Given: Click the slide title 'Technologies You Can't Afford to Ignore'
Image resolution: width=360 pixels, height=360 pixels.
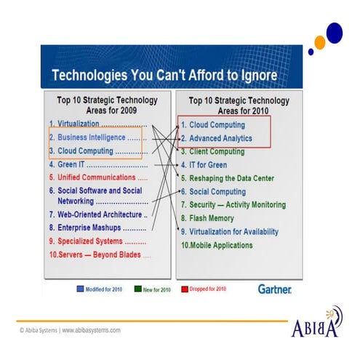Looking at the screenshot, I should (164, 76).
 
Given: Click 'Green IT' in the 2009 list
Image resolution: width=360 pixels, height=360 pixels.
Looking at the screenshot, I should (68, 164).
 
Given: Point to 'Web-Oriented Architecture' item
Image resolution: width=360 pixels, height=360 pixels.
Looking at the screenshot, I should (94, 215).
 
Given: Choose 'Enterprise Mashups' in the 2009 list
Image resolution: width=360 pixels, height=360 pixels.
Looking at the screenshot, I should (88, 228).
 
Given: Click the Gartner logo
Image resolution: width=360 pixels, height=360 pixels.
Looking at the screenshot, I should (274, 289).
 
